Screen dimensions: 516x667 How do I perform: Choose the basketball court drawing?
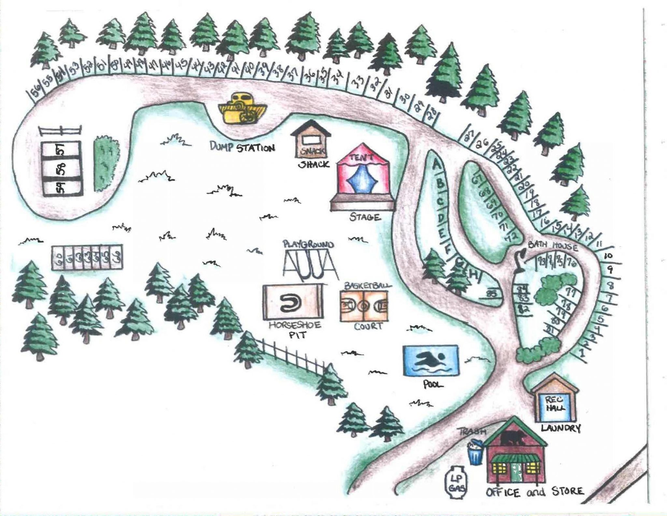coord(364,306)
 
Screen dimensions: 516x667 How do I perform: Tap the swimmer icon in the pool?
coord(431,360)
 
